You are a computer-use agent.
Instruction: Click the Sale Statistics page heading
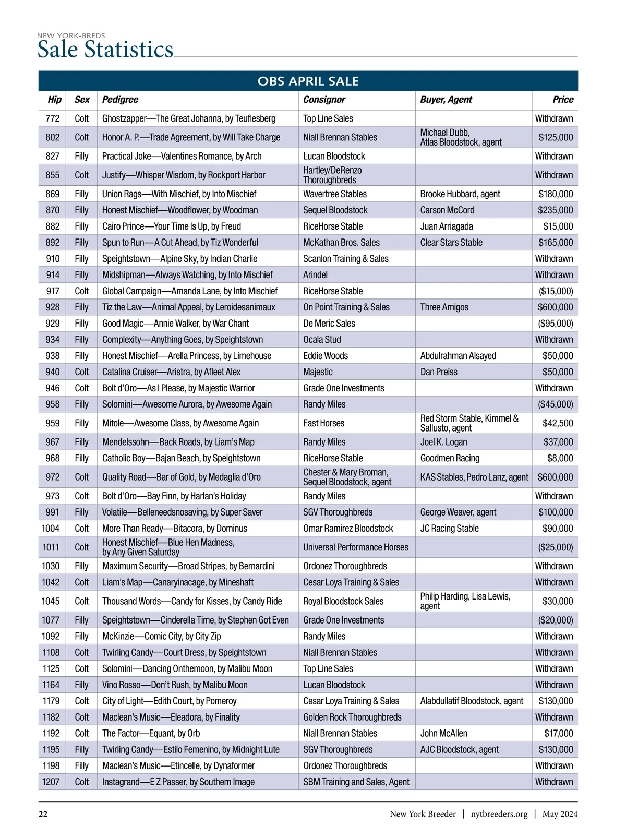[x=105, y=50]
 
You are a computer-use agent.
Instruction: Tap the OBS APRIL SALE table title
[x=308, y=81]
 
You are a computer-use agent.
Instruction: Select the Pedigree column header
[x=120, y=100]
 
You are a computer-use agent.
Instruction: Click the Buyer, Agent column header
[x=446, y=100]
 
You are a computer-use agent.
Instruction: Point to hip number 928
[x=53, y=307]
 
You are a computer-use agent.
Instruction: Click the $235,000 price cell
[x=556, y=210]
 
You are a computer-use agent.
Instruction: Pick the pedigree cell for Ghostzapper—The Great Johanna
[x=189, y=118]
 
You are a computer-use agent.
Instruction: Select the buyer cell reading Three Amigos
[x=444, y=307]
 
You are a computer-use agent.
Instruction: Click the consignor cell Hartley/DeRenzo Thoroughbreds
[x=332, y=175]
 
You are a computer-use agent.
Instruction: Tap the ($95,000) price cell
[x=556, y=324]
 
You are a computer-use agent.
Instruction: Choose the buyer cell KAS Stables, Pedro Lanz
[x=474, y=477]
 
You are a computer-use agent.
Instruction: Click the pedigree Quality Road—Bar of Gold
[x=182, y=477]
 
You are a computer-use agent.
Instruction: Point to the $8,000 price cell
[x=560, y=458]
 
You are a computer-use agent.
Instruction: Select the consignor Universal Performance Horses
[x=356, y=547]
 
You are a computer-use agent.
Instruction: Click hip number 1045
[x=51, y=601]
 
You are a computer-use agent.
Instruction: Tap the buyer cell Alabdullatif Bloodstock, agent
[x=472, y=701]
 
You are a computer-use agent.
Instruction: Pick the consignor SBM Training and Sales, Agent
[x=356, y=782]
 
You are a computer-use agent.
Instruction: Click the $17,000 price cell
[x=559, y=733]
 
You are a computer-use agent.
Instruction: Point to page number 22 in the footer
[x=43, y=814]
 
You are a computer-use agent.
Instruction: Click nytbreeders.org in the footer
[x=499, y=814]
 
